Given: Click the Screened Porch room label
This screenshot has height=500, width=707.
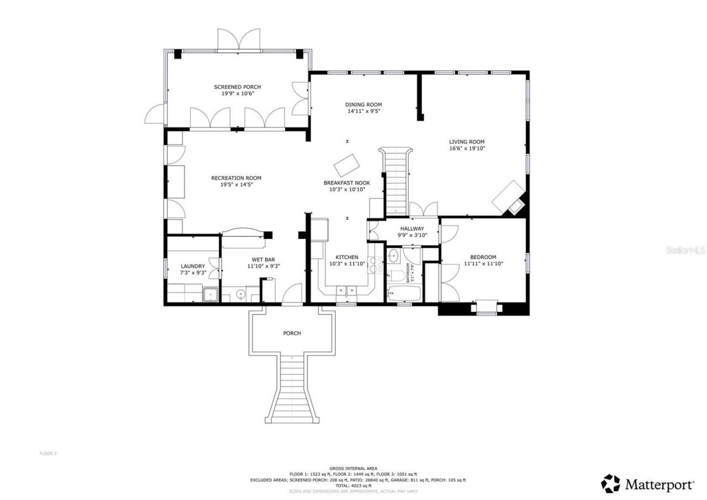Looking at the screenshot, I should coord(237,87).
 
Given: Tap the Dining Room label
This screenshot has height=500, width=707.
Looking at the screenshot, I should coord(363,105).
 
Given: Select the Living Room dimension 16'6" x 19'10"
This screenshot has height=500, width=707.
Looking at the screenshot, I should coord(467,148).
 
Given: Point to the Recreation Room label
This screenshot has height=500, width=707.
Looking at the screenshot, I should coord(236,178).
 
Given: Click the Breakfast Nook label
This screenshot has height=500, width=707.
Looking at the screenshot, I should coord(346,183).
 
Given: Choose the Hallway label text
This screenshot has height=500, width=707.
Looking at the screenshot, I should coord(412,228).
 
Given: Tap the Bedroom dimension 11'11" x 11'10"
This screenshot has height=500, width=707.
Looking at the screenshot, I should coord(483,264).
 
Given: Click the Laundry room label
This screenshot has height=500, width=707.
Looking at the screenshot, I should coord(193,266).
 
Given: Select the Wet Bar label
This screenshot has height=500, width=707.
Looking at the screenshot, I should coord(263,259).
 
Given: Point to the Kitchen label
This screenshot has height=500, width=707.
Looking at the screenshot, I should coord(347,257).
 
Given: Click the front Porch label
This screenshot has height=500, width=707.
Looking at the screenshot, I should coord(292,333).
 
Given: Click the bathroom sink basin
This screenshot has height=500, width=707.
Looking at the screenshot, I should coord(393,256).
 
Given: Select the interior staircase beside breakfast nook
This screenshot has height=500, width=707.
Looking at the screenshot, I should coord(395,182).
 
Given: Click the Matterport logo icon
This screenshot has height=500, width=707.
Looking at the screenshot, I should coord(610,483).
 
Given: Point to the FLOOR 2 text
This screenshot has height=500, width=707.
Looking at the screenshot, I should coord(48,454).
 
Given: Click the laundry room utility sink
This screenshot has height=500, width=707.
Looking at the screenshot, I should coord(210,294).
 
